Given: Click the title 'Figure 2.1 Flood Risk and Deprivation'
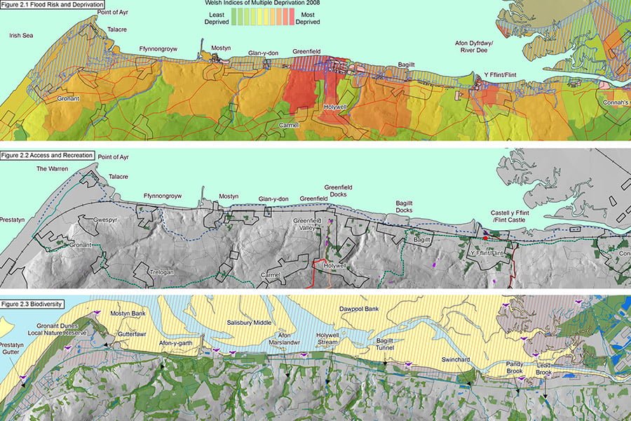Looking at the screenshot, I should [x=53, y=4].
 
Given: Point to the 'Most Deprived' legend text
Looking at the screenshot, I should [x=307, y=18].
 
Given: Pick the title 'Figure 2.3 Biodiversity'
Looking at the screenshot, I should [x=32, y=304].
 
